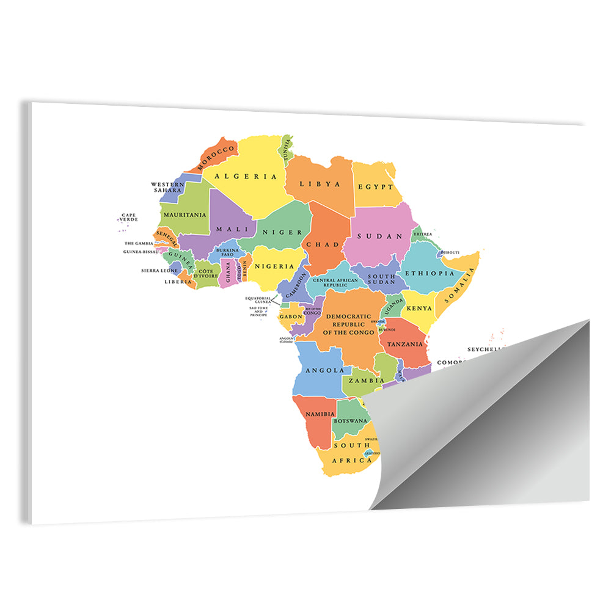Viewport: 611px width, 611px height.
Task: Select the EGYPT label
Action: (x=376, y=186)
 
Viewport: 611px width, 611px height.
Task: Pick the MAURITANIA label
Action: (x=184, y=215)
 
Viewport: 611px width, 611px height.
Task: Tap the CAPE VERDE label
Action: (x=129, y=217)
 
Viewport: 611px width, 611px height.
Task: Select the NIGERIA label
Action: (x=275, y=266)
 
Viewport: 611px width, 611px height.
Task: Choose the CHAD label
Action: (x=322, y=244)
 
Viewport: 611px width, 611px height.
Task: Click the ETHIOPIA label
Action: (x=430, y=273)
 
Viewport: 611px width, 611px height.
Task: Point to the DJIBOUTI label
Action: (x=450, y=252)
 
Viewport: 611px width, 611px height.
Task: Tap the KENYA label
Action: (x=420, y=309)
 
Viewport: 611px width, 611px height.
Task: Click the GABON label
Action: (x=291, y=316)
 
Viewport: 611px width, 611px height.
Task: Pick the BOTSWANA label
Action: (x=351, y=420)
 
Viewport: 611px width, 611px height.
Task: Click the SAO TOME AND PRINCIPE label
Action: (x=258, y=312)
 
